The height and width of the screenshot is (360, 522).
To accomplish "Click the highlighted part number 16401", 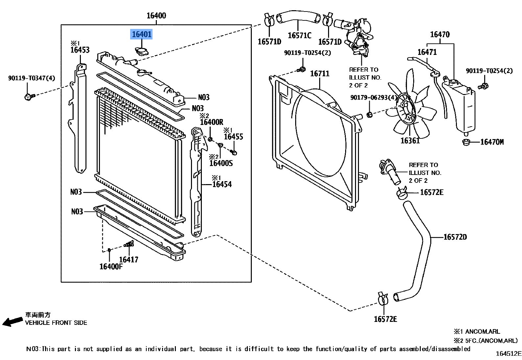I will pyautogui.click(x=142, y=34).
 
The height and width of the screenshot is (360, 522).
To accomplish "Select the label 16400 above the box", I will pyautogui.click(x=156, y=15).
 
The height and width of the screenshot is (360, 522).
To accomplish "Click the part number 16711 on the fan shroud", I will pyautogui.click(x=320, y=74).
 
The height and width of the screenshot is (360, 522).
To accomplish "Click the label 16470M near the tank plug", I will pyautogui.click(x=492, y=142).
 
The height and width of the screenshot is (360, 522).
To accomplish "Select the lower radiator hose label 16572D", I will pyautogui.click(x=455, y=237).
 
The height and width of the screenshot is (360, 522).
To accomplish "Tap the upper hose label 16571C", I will pyautogui.click(x=299, y=35).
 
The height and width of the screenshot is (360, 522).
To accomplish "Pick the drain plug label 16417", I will pyautogui.click(x=129, y=260).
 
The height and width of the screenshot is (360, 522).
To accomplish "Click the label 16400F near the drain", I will pyautogui.click(x=111, y=266).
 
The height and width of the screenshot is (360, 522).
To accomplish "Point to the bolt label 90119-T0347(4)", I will pyautogui.click(x=32, y=78).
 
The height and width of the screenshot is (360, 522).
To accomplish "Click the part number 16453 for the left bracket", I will pyautogui.click(x=80, y=50).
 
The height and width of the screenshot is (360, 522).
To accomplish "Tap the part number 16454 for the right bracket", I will pyautogui.click(x=222, y=184).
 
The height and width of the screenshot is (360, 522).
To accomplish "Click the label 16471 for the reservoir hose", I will pyautogui.click(x=427, y=52).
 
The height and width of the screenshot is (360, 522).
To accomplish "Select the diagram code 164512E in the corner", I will pyautogui.click(x=509, y=354).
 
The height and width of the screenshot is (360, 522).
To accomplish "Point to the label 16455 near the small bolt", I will pyautogui.click(x=233, y=137).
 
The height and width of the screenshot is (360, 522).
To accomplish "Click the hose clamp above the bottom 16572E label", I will pyautogui.click(x=383, y=298).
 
